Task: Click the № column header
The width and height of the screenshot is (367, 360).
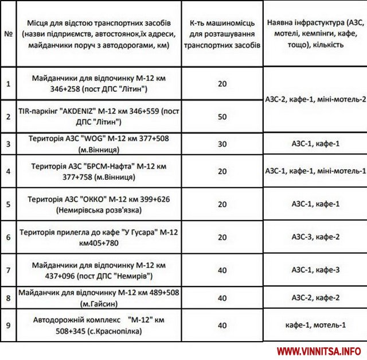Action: (8, 34)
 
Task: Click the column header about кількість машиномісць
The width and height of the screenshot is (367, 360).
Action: (222, 34)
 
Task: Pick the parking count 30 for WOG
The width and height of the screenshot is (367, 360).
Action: (222, 144)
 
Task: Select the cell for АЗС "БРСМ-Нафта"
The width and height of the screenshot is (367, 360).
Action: (98, 171)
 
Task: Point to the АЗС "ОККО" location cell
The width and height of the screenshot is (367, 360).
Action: (98, 204)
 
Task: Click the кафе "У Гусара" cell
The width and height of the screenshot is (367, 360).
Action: (98, 237)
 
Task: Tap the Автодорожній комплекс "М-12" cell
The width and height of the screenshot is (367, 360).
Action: (98, 326)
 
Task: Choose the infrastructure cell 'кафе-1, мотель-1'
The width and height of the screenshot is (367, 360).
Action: (315, 325)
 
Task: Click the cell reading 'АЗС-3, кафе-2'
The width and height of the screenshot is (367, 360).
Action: (315, 237)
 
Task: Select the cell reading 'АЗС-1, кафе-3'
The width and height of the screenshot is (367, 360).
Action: (315, 269)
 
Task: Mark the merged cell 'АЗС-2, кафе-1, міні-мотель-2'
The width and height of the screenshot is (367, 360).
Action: (315, 99)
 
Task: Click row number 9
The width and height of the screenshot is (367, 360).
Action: (8, 326)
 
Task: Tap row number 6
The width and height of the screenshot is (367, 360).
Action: (8, 237)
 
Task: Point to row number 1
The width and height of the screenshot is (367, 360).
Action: (8, 84)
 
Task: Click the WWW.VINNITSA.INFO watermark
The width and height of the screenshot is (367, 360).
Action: (318, 351)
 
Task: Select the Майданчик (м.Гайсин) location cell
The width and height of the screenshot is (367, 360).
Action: (98, 297)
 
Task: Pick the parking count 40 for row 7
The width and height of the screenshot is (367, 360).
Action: (222, 269)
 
